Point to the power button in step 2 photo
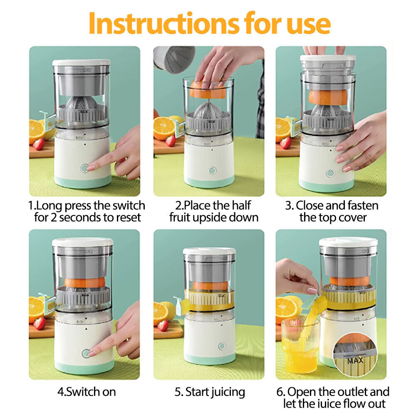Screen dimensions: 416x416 [x=212, y=170]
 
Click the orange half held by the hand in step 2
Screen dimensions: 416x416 [x=207, y=90]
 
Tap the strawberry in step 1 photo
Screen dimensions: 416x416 [x=39, y=144]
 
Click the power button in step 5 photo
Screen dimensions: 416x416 [x=222, y=346]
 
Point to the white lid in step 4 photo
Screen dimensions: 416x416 [x=82, y=242]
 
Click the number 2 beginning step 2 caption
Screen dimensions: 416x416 [x=178, y=206]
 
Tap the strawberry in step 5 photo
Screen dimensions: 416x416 [x=163, y=325]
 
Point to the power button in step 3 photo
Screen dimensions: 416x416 [x=330, y=173]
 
